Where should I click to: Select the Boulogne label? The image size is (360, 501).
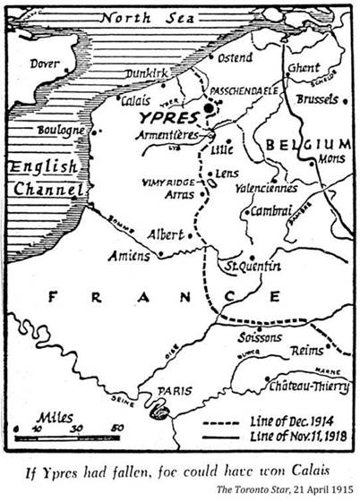click(61, 131)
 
